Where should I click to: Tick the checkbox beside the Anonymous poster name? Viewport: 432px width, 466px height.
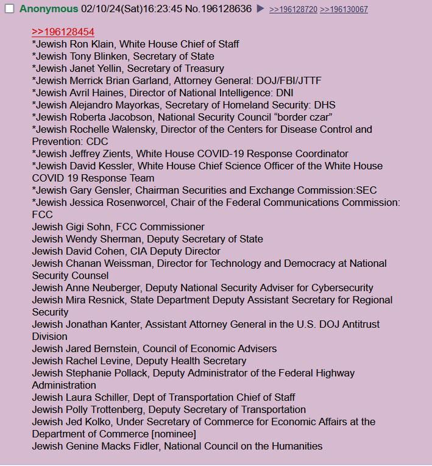9,9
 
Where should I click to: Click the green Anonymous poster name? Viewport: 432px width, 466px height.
49,9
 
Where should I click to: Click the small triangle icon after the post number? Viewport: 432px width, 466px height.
260,9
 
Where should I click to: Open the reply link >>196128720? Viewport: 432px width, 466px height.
293,10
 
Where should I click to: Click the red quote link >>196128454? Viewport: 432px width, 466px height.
63,32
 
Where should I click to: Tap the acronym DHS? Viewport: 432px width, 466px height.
325,105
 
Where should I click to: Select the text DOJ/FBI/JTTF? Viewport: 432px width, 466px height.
289,80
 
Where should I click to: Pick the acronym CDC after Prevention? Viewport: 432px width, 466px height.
97,141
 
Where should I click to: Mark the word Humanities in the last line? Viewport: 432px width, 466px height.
295,446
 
